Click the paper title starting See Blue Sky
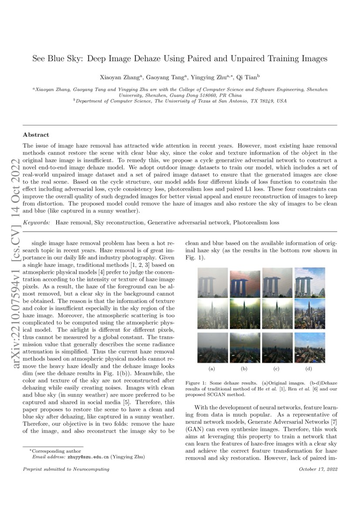point(180,58)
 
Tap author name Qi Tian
point(248,77)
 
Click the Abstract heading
point(36,135)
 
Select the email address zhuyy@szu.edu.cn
point(88,457)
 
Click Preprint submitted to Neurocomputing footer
point(66,469)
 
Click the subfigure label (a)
point(212,369)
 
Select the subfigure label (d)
point(309,369)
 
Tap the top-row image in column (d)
point(309,282)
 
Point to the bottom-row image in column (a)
point(212,347)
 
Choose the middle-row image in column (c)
point(277,313)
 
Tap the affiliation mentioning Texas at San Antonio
point(180,101)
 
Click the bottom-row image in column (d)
point(309,347)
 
